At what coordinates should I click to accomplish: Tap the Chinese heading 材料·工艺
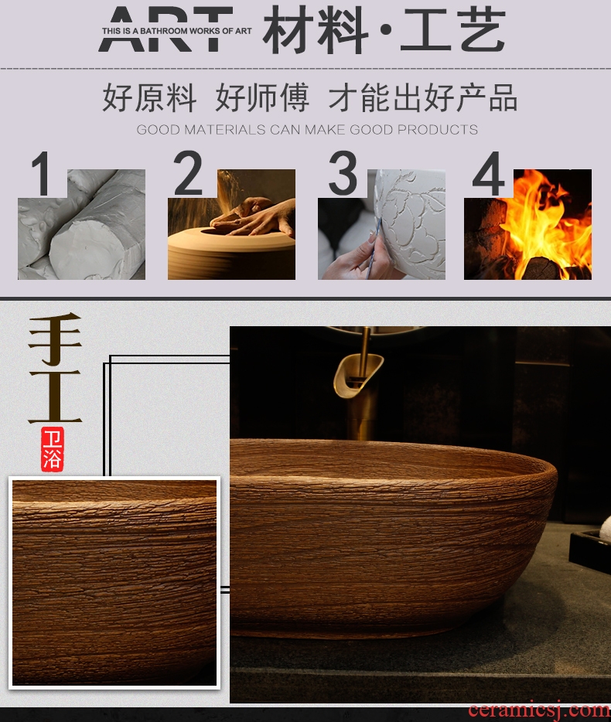[x=384, y=30]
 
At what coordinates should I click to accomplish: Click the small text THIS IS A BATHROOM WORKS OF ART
[x=176, y=31]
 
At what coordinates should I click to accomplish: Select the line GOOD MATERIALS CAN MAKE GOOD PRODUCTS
[x=307, y=129]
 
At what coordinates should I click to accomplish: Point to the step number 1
[x=42, y=174]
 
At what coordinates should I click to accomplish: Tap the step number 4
[x=488, y=173]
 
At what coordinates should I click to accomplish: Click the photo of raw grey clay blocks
[x=81, y=224]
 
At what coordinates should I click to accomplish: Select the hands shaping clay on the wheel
[x=252, y=216]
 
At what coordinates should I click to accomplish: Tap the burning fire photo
[x=527, y=224]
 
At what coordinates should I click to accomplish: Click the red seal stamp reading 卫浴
[x=52, y=449]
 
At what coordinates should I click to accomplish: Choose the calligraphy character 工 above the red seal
[x=55, y=397]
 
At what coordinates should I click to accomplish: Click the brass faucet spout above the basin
[x=358, y=375]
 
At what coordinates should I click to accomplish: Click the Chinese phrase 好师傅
[x=261, y=97]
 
